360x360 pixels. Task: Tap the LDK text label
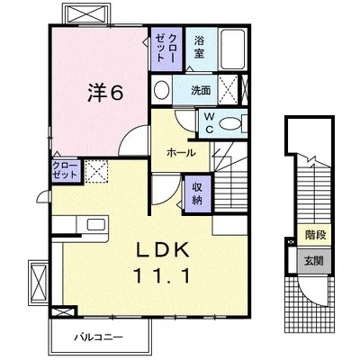(163, 249)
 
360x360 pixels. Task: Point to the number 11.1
(163, 275)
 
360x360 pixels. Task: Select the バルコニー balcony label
(99, 337)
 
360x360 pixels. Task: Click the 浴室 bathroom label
(199, 48)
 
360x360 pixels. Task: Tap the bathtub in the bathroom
(232, 49)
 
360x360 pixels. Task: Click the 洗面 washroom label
(201, 90)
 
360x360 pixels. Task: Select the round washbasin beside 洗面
(162, 89)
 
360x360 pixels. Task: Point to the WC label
(209, 123)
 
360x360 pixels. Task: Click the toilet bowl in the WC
(230, 123)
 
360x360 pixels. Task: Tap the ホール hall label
(181, 153)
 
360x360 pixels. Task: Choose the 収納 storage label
(197, 193)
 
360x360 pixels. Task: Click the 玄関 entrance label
(314, 261)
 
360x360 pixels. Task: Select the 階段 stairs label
(316, 235)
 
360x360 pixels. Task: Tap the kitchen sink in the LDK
(96, 225)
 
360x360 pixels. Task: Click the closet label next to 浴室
(166, 48)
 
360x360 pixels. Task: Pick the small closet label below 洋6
(65, 170)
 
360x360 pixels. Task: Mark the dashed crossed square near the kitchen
(96, 171)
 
